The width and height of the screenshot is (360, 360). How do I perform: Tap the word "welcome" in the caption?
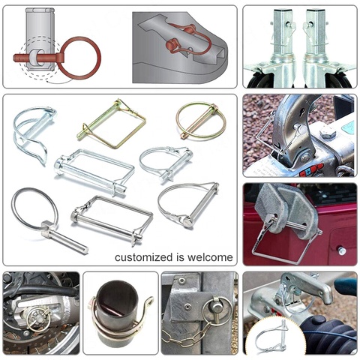point(208,257)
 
